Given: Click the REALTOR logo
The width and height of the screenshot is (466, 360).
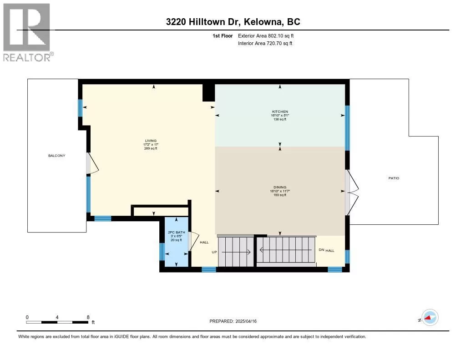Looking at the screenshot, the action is [x=28, y=32].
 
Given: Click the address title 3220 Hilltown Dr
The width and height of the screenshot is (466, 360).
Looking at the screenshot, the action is [x=202, y=22].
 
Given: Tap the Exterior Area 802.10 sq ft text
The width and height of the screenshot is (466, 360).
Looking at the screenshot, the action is [x=266, y=35].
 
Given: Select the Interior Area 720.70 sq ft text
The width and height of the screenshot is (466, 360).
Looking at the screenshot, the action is [x=265, y=43].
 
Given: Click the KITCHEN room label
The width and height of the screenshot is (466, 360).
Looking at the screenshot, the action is [x=280, y=112].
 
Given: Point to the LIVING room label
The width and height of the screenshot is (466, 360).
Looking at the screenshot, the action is [x=151, y=141].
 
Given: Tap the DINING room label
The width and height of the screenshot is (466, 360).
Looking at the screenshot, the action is [x=280, y=188].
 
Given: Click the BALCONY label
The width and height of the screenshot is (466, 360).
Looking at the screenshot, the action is [x=57, y=156].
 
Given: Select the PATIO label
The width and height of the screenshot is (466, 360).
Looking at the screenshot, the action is [x=394, y=178].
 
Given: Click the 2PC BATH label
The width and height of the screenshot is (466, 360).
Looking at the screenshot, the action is [x=177, y=232].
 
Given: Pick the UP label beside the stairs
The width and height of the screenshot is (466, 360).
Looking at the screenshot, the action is [x=214, y=252].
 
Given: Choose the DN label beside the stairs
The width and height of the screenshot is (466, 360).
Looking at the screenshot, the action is [x=321, y=250].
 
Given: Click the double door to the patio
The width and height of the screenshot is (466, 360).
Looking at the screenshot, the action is [x=352, y=192].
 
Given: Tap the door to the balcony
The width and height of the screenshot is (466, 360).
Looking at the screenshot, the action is [x=92, y=163].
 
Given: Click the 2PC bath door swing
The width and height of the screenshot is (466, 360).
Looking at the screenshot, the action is [x=193, y=241].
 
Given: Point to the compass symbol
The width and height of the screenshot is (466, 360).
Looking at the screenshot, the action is [x=430, y=318].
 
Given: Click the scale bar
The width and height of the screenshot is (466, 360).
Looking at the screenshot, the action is [x=57, y=322].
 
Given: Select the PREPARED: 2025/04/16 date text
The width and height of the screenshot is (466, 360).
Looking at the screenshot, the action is [x=233, y=321].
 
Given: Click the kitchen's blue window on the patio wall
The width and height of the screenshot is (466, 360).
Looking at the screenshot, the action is [x=347, y=128].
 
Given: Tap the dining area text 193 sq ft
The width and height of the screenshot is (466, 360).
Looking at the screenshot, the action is [x=280, y=195].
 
